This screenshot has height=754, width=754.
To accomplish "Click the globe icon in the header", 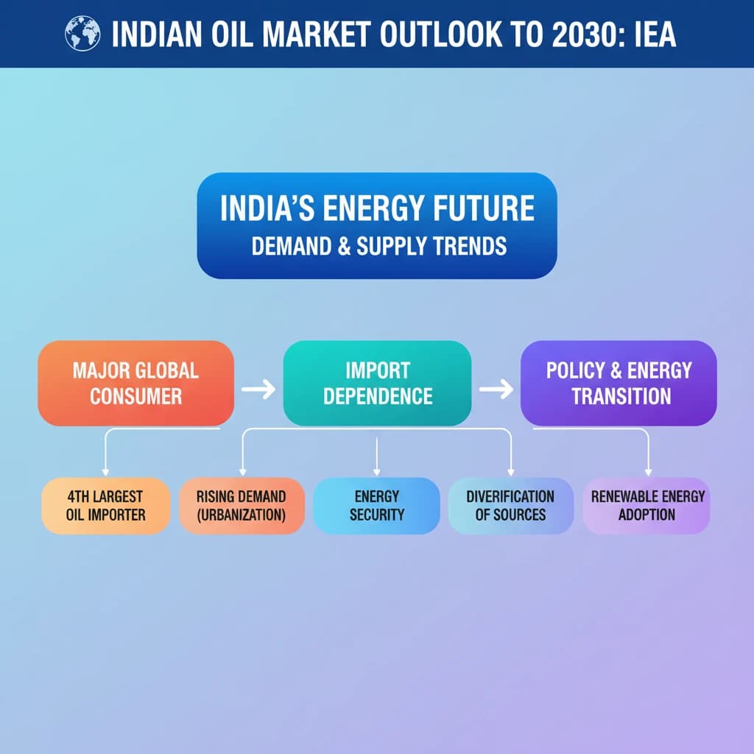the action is click(x=82, y=33).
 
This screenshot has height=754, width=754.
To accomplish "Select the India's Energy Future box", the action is click(x=377, y=225).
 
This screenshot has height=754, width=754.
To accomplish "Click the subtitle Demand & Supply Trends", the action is click(x=379, y=246).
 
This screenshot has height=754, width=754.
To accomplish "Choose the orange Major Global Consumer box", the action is click(x=136, y=383).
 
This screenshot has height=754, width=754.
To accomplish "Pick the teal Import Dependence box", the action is click(x=378, y=383).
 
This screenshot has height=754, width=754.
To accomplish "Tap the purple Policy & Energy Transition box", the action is click(x=619, y=383).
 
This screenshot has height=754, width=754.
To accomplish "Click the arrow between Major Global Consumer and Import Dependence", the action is click(x=258, y=389).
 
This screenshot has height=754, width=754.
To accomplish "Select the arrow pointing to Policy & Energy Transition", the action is click(x=496, y=389).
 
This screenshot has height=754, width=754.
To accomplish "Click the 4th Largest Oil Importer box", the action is click(x=106, y=505).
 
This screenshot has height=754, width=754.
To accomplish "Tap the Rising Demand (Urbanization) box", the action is click(x=242, y=505).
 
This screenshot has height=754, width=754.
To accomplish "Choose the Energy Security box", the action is click(x=376, y=505).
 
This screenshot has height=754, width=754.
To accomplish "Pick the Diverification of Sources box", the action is click(x=511, y=505).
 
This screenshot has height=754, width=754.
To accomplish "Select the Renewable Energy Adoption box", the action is click(x=646, y=505).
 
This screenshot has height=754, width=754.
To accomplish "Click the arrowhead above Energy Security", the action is click(x=376, y=473).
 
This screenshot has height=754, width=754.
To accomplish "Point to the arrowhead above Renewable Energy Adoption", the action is click(x=648, y=473).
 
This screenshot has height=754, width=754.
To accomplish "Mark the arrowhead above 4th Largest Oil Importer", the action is click(x=105, y=473).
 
